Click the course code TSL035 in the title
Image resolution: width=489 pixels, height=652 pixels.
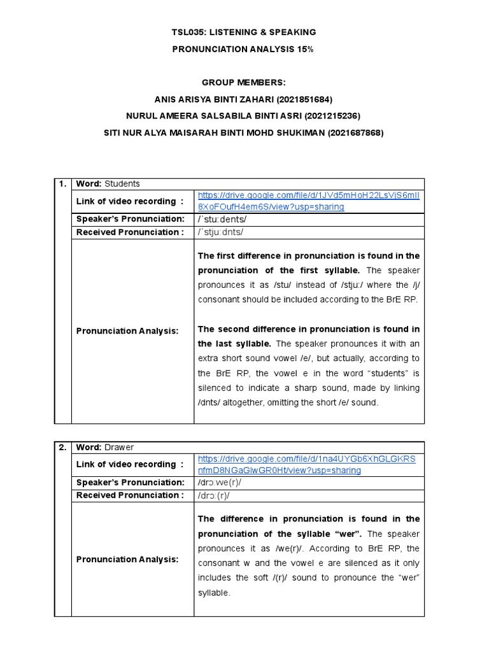pos(189,32)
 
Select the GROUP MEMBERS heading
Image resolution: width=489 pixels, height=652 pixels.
pos(244,83)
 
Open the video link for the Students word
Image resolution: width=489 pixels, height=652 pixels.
pos(309,201)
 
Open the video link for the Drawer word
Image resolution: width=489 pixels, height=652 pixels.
pos(306,464)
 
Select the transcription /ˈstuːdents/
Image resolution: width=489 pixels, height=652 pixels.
pos(222,219)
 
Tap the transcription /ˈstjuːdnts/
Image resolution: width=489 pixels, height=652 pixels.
pos(221,232)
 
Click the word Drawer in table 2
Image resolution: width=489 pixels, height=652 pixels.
pos(120,447)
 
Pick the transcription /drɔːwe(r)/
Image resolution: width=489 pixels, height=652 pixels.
pos(220,482)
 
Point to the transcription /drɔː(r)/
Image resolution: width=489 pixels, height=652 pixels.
pos(214,495)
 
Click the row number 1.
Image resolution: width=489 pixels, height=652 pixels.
pos(62,184)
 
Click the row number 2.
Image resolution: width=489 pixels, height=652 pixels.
pos(62,447)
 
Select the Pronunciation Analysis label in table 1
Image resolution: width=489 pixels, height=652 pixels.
pos(127,331)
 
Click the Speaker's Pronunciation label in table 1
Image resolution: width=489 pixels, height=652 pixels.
pos(130,219)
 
